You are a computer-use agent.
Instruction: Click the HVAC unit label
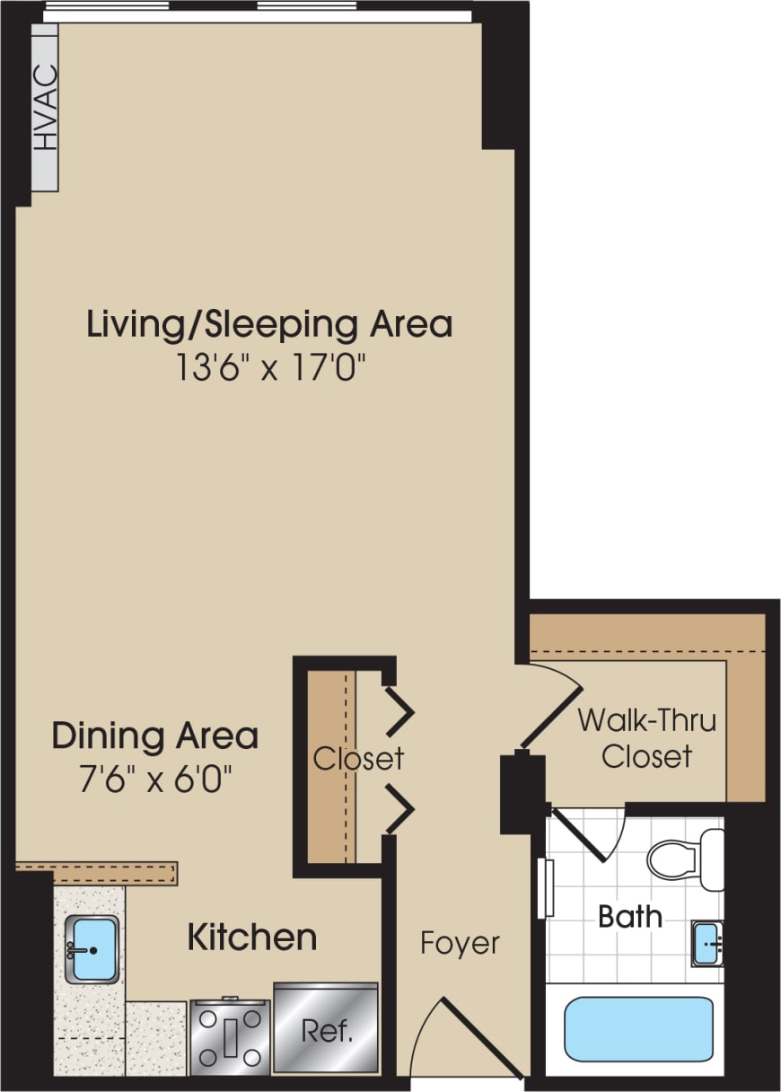(45, 108)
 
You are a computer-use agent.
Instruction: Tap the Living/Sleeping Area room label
(269, 324)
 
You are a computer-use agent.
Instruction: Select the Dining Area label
(154, 735)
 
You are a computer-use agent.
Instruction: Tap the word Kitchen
(251, 938)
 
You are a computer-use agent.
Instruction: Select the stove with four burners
(230, 1036)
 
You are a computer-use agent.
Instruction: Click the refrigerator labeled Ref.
(325, 1029)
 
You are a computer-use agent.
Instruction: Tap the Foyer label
(460, 944)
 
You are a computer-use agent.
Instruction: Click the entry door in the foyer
(476, 1033)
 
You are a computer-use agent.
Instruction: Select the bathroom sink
(708, 943)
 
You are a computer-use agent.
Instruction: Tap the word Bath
(630, 917)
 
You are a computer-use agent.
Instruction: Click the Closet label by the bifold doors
(358, 759)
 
